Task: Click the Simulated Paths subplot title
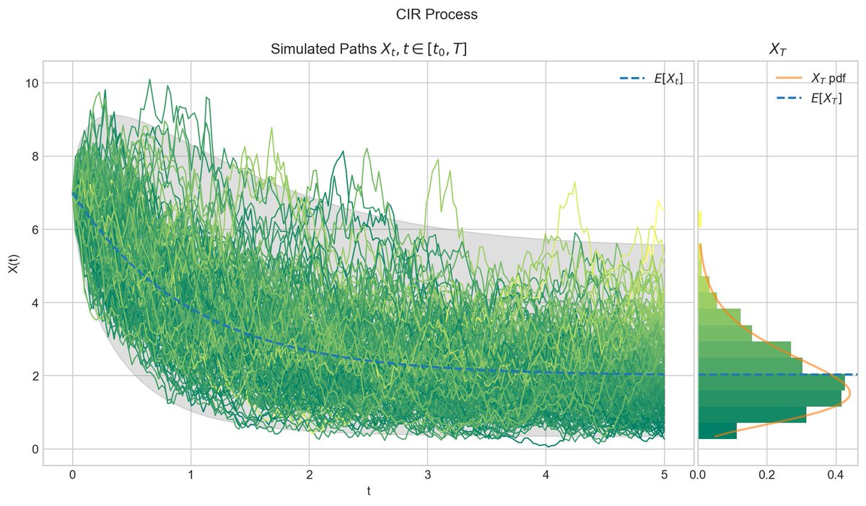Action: pos(369,50)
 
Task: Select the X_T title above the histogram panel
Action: pos(777,50)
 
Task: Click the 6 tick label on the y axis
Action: pos(32,229)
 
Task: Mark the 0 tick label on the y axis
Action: pos(32,449)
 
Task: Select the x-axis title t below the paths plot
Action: pos(369,492)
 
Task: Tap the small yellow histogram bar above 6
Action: pos(700,218)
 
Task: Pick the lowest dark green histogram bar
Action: pos(717,431)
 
